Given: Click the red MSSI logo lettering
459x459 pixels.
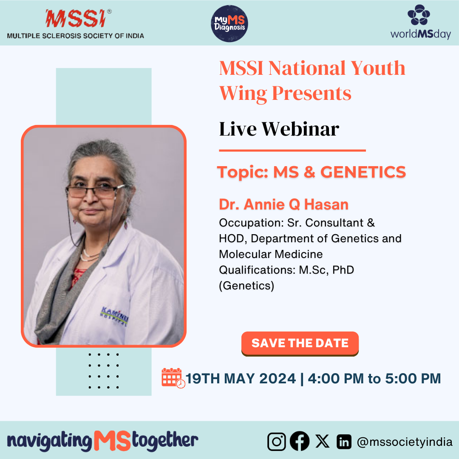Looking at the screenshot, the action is tap(76, 18).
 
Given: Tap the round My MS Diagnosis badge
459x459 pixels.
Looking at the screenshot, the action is tap(229, 23).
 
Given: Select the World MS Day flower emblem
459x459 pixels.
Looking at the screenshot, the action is tap(419, 14).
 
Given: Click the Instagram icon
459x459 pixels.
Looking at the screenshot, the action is tap(276, 442).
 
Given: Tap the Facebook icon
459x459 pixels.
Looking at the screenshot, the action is tap(300, 441).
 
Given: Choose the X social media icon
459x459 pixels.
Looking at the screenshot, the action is tap(322, 441).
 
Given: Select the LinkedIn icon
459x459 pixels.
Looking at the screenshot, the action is tap(344, 442).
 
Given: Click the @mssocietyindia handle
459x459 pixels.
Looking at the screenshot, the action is tap(405, 442).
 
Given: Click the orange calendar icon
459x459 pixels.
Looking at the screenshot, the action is tap(173, 378).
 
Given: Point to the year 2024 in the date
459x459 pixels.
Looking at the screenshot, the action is tap(278, 379).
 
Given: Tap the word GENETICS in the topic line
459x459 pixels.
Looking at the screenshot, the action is tap(363, 172).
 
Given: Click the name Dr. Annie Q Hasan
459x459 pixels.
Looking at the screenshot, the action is tap(283, 204).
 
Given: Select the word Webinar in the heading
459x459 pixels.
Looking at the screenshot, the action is tap(300, 129).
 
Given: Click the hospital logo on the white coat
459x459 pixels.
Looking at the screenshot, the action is tap(114, 316).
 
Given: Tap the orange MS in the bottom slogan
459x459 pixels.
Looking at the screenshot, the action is tap(112, 441).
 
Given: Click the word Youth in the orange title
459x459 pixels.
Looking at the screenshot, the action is tap(378, 68).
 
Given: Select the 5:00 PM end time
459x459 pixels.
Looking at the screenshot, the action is tap(413, 379).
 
